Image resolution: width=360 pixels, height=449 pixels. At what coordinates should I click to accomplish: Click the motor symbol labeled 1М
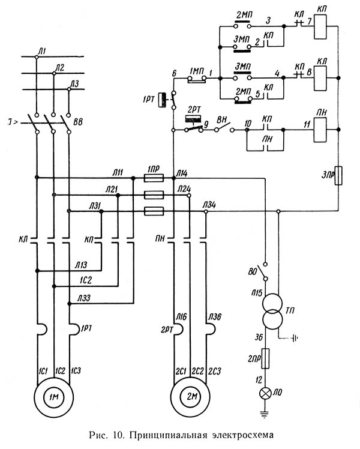53,397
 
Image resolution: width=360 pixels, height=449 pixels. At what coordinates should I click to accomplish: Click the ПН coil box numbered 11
321,127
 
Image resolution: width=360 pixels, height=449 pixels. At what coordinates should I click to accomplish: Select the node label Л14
182,173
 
